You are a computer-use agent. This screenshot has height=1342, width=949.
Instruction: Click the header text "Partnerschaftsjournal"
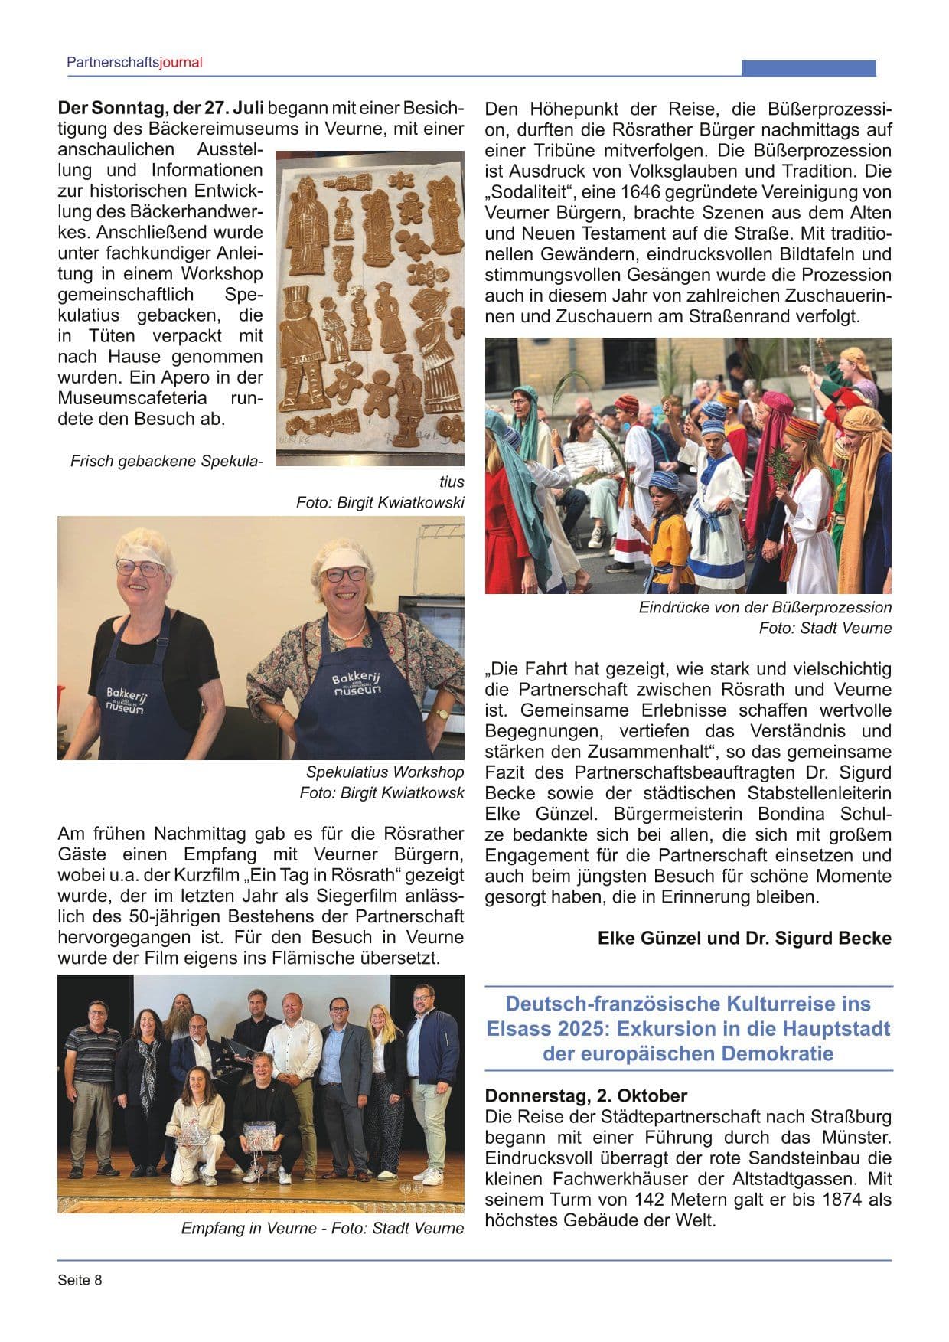[135, 63]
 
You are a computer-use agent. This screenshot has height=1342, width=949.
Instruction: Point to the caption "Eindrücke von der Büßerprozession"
[765, 607]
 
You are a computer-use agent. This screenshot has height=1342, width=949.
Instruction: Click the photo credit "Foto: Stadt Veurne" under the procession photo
[825, 628]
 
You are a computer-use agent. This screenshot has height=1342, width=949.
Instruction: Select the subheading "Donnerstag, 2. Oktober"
[586, 1095]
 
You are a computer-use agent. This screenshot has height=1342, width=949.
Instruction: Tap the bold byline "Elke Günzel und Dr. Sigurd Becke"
[745, 938]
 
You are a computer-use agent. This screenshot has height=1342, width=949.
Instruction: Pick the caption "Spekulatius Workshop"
[385, 772]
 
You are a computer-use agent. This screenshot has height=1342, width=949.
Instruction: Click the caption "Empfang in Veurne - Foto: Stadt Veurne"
[322, 1228]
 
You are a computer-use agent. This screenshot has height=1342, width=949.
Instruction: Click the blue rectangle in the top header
[808, 68]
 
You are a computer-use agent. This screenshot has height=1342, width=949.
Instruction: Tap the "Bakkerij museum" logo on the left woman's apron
[126, 700]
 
